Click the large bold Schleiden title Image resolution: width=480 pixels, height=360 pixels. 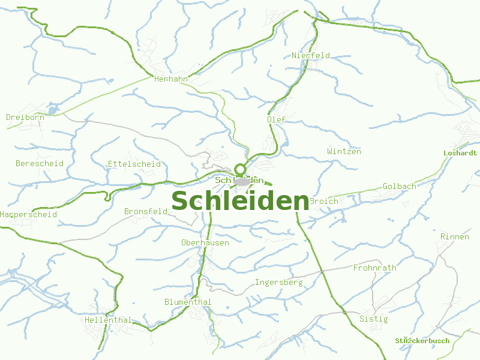tap(240, 201)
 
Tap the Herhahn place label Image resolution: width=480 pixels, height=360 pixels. tap(171, 79)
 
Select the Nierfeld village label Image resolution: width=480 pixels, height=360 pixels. tap(311, 56)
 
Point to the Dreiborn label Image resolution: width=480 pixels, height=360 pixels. tap(25, 118)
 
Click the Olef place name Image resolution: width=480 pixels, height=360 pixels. tap(276, 119)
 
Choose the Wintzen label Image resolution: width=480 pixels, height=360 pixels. tap(344, 152)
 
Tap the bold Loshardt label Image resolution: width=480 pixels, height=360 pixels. tap(460, 153)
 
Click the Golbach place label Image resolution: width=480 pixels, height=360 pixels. tap(400, 187)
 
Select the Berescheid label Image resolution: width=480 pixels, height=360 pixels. tap(40, 163)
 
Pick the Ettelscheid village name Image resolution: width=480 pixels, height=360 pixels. tap(134, 164)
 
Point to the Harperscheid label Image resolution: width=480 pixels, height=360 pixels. tap(28, 214)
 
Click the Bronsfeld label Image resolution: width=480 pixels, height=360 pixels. tap(146, 212)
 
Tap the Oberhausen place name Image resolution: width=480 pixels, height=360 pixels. tap(205, 243)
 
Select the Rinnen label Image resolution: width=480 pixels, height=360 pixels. tap(455, 237)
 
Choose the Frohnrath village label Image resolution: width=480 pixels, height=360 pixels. tap(375, 268)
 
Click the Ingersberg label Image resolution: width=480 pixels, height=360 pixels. tap(279, 283)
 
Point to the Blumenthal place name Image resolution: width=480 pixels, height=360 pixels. tap(188, 302)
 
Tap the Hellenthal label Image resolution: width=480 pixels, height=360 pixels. tap(108, 320)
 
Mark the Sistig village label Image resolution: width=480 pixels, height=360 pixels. tap(374, 319)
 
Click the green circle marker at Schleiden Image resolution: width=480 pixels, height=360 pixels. tap(241, 169)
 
